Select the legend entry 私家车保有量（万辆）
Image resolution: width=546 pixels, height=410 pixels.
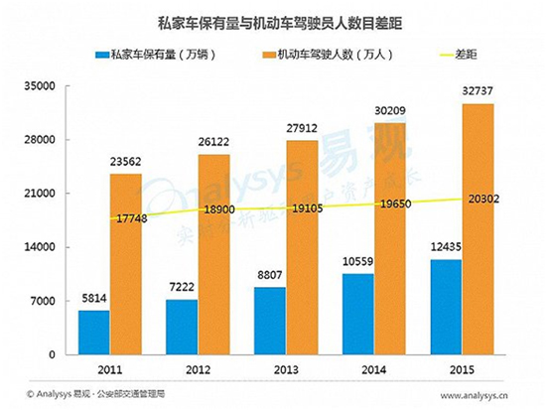click(x=150, y=56)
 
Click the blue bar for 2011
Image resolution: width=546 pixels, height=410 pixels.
click(x=94, y=333)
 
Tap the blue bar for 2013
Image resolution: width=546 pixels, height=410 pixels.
click(x=270, y=321)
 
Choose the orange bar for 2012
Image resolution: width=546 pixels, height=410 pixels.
click(x=213, y=254)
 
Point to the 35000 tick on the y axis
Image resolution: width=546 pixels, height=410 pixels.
click(x=40, y=86)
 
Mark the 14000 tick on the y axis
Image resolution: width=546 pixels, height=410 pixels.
click(x=40, y=247)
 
